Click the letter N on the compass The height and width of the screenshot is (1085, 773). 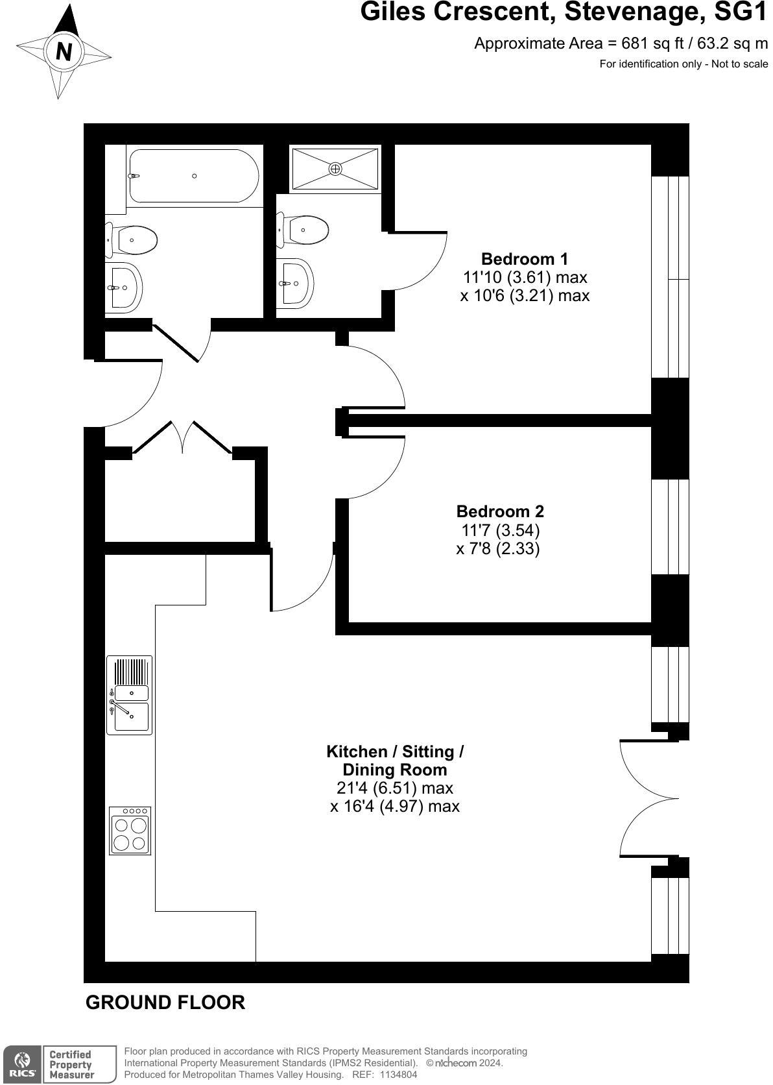coord(64,51)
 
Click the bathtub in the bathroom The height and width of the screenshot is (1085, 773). coord(194,176)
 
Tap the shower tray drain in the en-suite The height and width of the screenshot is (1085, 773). coord(335,169)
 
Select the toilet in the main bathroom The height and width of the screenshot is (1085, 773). coord(134,240)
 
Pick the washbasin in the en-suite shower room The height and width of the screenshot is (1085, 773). coord(296,283)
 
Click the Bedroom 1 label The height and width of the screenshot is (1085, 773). coord(525,259)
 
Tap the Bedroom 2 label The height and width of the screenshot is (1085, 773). coord(500,511)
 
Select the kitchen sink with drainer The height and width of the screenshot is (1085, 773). coord(130,695)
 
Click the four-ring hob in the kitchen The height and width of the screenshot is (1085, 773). coord(130,831)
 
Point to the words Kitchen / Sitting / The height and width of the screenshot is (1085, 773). coord(395,751)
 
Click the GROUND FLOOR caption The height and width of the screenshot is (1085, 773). coord(165,1002)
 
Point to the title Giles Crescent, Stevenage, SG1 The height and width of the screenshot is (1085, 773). coord(564,12)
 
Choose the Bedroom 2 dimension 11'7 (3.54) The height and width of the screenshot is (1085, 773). coord(501,530)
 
